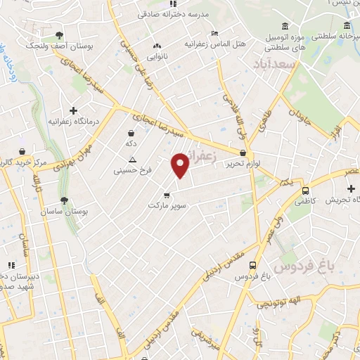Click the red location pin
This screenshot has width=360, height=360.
(181, 166)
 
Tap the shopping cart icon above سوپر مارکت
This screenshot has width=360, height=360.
(166, 195)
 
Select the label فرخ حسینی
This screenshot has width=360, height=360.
(131, 169)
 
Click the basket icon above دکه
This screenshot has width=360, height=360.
(131, 133)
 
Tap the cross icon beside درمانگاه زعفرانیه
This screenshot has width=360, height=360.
(74, 110)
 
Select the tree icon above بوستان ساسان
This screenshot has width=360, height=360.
(64, 200)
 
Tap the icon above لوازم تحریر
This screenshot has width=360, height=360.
(243, 153)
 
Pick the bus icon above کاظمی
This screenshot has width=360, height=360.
(305, 191)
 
